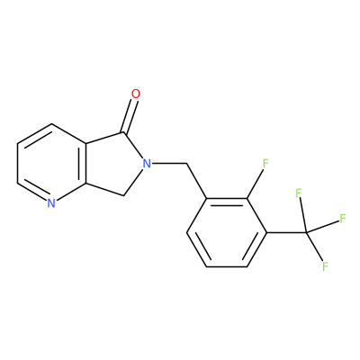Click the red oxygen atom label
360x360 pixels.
tap(136, 94)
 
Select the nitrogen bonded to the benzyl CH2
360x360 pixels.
tap(147, 164)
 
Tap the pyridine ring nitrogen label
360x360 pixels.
tap(51, 203)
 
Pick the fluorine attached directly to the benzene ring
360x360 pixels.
tap(265, 164)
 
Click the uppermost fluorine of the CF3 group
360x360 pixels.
tap(298, 193)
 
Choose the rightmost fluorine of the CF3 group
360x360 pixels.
tap(343, 219)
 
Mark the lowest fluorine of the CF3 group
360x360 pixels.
tap(325, 266)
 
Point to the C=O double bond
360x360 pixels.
tap(130, 116)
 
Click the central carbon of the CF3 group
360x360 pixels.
tap(306, 232)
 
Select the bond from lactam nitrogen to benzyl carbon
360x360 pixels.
tap(169, 164)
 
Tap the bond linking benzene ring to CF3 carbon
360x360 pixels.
tap(286, 232)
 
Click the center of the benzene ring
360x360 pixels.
tap(227, 232)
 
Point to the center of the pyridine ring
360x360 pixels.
tap(51, 164)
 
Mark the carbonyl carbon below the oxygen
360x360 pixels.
tap(123, 132)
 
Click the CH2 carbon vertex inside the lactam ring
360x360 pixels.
tap(123, 195)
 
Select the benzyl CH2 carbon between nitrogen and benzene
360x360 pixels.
tap(187, 164)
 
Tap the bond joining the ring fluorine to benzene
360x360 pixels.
tap(255, 184)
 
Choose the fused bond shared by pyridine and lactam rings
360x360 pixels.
tap(86, 164)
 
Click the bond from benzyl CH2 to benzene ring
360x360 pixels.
tap(197, 181)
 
